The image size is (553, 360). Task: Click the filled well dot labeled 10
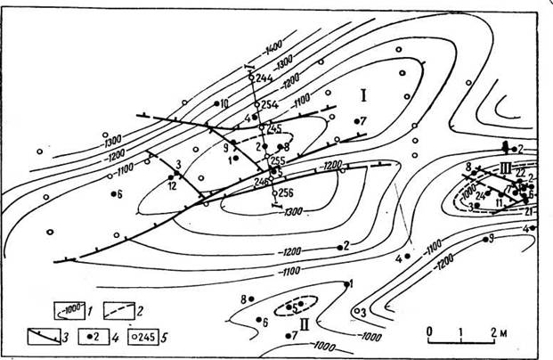[x=216, y=103]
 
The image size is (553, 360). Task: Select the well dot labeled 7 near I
[x=355, y=121]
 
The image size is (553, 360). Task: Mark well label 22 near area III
[x=520, y=173]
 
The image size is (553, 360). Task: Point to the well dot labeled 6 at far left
[x=112, y=193]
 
